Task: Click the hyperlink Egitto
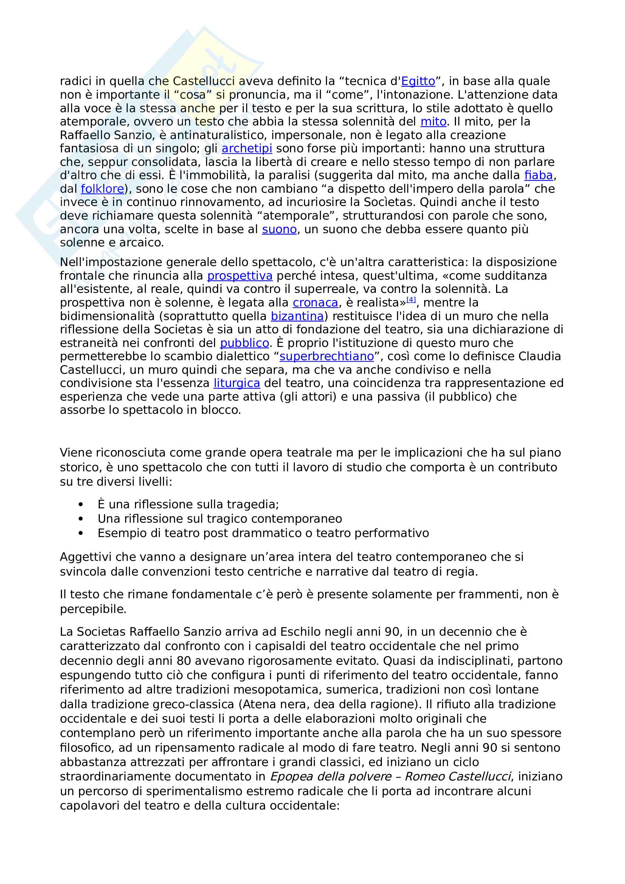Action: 418,81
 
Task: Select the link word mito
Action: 433,122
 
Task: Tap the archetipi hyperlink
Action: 247,149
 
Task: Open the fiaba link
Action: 538,176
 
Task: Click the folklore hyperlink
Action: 102,189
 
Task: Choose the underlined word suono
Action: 279,229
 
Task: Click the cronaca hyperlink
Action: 315,303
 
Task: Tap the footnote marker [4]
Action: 411,300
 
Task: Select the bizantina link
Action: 297,316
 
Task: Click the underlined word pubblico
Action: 244,343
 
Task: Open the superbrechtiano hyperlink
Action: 327,356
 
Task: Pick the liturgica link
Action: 237,384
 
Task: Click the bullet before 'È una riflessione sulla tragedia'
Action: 81,505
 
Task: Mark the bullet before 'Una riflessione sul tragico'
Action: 81,519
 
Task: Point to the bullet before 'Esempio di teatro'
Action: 81,534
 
